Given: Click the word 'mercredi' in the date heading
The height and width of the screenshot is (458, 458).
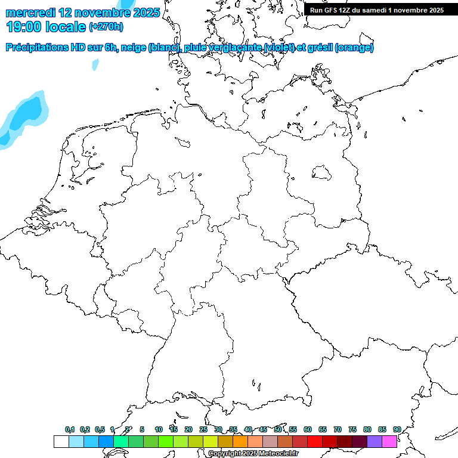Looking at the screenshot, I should pos(31,12).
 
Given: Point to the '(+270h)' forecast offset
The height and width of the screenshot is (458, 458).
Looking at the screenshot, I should pos(106,27).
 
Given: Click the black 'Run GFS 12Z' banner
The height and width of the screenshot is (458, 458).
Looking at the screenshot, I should pos(376,10).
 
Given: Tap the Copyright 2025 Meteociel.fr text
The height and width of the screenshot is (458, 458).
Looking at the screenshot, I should pos(253,454).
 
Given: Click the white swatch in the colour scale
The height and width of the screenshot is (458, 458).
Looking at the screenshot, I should pos(61,441).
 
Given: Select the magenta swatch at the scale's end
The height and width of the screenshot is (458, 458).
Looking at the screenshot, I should pos(389,441).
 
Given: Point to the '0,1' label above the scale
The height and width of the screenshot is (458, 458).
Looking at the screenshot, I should pos(70,429).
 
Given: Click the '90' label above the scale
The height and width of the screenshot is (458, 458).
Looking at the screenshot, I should pos(397,429).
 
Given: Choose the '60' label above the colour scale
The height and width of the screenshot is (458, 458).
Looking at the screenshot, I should pos(308,429).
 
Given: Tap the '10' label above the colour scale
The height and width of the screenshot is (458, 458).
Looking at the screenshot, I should pos(159,429).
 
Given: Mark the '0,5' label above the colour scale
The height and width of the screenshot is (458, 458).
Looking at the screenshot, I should pos(100,429).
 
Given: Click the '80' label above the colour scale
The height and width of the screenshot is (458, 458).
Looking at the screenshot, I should pos(367,429).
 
